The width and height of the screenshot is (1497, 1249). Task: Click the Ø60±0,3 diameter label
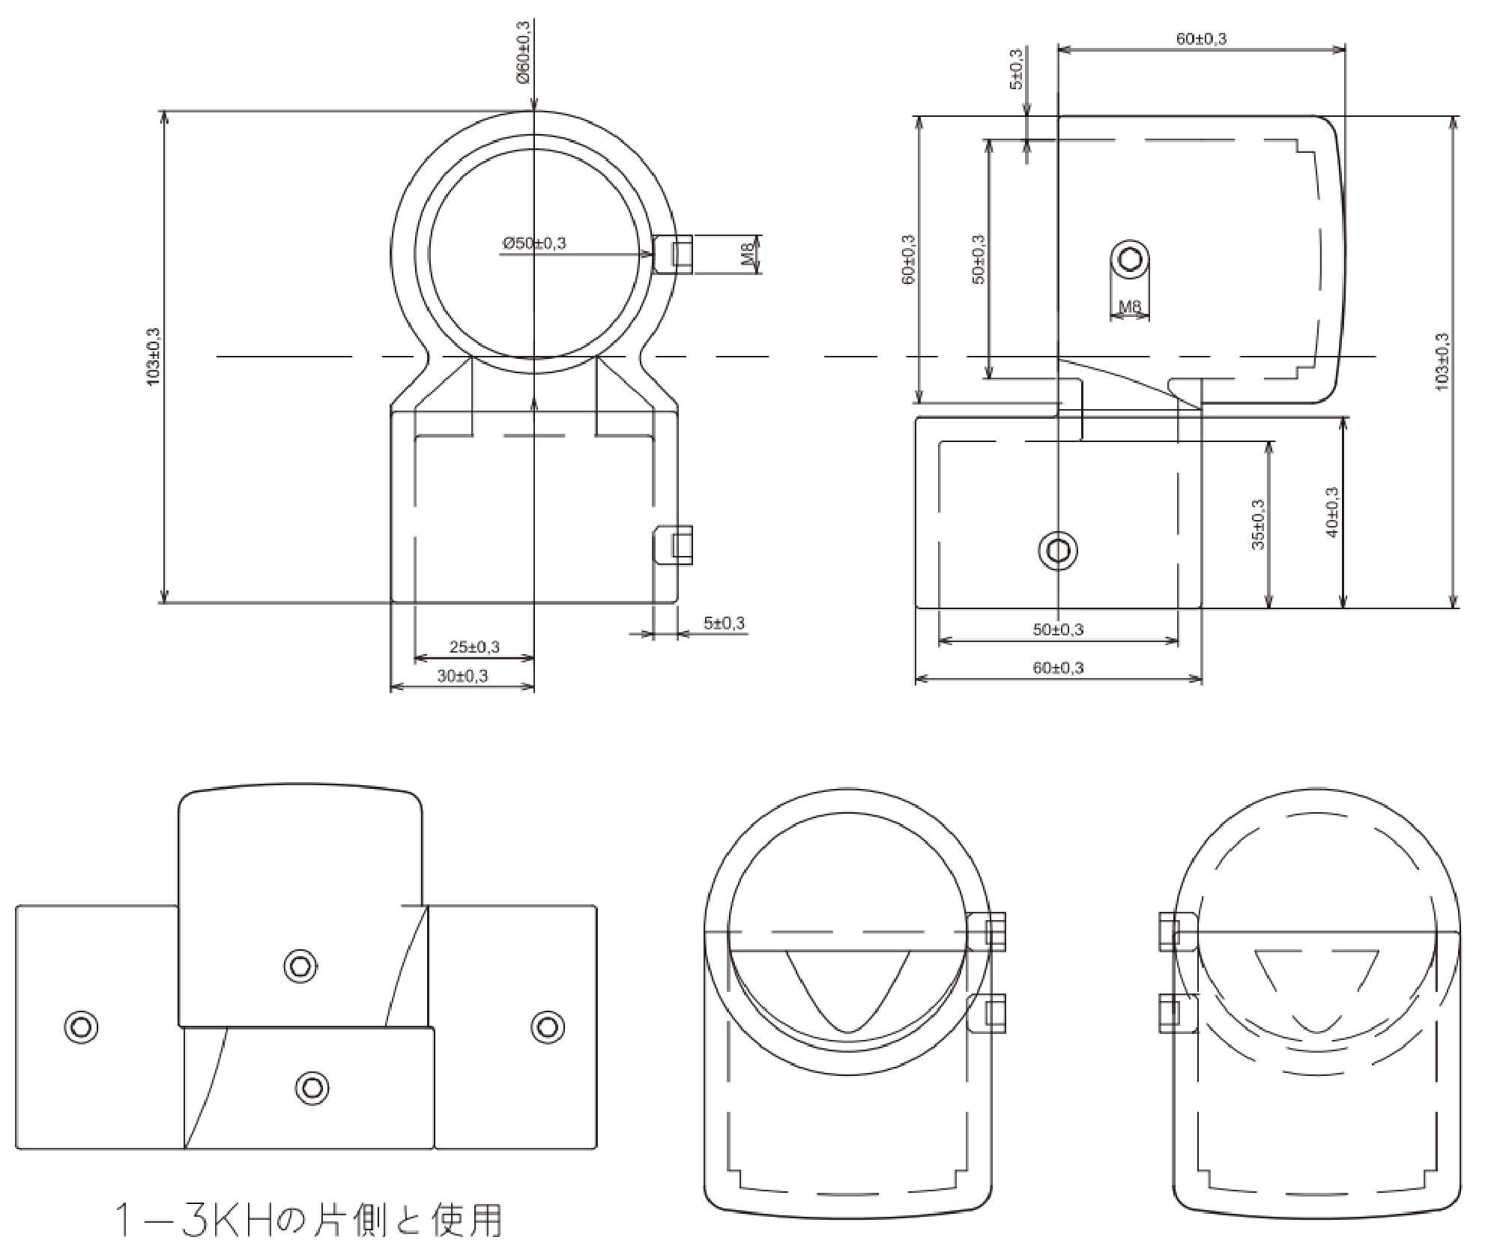(x=522, y=52)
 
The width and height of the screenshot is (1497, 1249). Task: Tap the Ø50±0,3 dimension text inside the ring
(x=534, y=243)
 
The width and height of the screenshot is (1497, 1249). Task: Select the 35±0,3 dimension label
(x=1258, y=524)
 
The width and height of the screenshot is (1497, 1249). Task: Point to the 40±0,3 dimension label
(x=1332, y=512)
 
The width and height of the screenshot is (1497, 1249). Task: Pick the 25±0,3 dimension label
(x=474, y=646)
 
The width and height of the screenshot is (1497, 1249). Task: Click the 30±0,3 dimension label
(x=462, y=676)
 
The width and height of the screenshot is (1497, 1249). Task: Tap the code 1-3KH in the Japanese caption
(x=194, y=1220)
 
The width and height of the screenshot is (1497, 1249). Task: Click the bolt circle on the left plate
(x=81, y=1026)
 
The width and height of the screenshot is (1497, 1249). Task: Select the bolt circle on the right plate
(x=547, y=1026)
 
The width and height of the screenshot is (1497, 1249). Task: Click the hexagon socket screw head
(x=1129, y=259)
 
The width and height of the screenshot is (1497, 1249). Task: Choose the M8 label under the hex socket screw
(x=1129, y=306)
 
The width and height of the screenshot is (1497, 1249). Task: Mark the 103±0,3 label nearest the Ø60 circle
(x=154, y=357)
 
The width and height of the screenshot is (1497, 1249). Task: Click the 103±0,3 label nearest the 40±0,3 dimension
(x=1442, y=361)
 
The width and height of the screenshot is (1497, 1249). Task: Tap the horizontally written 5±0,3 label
(x=724, y=623)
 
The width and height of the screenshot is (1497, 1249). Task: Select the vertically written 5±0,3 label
(x=1016, y=69)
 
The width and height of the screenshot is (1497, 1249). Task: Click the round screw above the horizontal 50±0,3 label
(x=1058, y=551)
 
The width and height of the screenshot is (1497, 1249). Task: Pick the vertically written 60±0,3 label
(x=909, y=259)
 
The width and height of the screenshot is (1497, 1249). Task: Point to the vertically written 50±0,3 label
(x=979, y=259)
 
